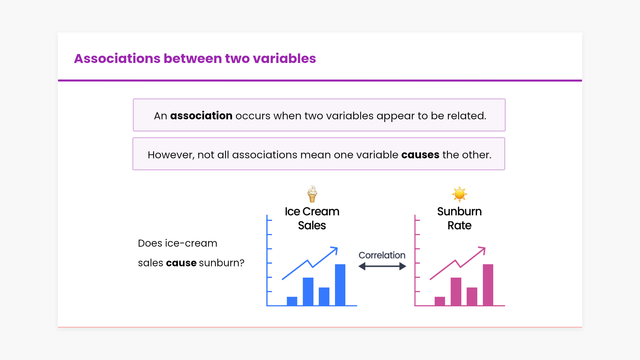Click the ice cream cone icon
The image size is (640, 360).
[312, 194]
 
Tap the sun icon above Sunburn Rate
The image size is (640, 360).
[459, 194]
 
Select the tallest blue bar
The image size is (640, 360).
[340, 285]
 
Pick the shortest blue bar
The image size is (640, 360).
[292, 301]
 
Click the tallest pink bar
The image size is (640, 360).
[488, 285]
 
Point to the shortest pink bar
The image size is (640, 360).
[440, 301]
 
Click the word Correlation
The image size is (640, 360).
[382, 255]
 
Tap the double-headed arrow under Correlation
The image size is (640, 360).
[382, 266]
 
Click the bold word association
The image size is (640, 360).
[201, 116]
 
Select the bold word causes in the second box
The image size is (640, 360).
[420, 155]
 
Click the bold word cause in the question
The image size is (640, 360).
[181, 263]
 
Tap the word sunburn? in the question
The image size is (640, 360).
[222, 263]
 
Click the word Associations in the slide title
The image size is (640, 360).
[117, 58]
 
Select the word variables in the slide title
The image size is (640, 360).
[284, 58]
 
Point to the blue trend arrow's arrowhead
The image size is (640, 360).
[335, 250]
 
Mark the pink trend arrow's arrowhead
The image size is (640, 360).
[482, 250]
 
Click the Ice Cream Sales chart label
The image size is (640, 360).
[312, 218]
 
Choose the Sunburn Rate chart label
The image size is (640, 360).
[459, 218]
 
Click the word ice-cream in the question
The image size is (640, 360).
[191, 243]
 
